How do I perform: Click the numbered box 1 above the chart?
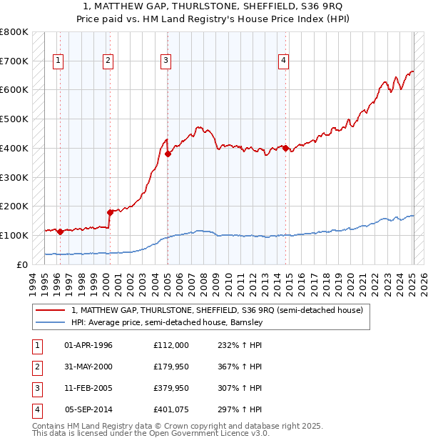[58, 61]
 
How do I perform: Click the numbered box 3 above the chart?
[165, 61]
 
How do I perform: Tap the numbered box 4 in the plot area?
[283, 61]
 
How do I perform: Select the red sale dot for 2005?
[168, 154]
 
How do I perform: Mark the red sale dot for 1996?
[61, 232]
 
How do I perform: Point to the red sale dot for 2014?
[285, 148]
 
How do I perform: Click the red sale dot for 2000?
[111, 211]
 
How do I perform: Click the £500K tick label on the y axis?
[14, 119]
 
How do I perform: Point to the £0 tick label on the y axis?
[22, 265]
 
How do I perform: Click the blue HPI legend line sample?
[51, 322]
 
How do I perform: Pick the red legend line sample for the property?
[51, 310]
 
